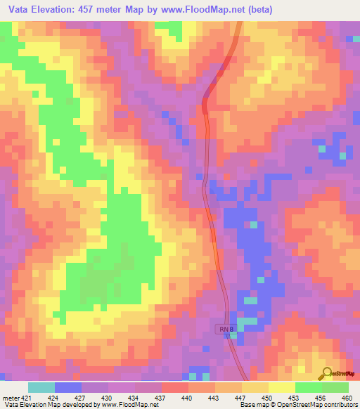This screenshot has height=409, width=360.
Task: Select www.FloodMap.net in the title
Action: pos(198,10)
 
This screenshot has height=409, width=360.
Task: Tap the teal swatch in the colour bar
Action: pos(41,387)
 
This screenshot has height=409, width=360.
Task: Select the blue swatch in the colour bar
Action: pos(68,387)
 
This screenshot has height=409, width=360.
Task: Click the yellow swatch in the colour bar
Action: pos(282,387)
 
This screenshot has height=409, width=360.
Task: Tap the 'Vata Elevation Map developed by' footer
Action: pos(51,404)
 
